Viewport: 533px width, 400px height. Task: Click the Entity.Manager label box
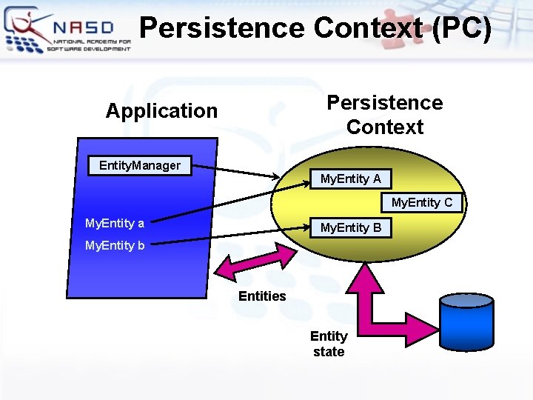click(139, 165)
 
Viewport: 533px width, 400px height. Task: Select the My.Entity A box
click(350, 179)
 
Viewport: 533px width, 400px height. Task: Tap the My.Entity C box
click(421, 202)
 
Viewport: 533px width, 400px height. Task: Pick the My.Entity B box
click(350, 227)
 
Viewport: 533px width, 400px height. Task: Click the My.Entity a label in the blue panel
click(115, 223)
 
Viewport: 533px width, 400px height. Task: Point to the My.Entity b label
click(115, 245)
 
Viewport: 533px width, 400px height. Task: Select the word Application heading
click(161, 111)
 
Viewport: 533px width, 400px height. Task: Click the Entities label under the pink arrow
click(262, 296)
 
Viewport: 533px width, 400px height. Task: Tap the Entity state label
click(329, 344)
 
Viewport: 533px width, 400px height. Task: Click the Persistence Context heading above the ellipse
click(384, 115)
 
